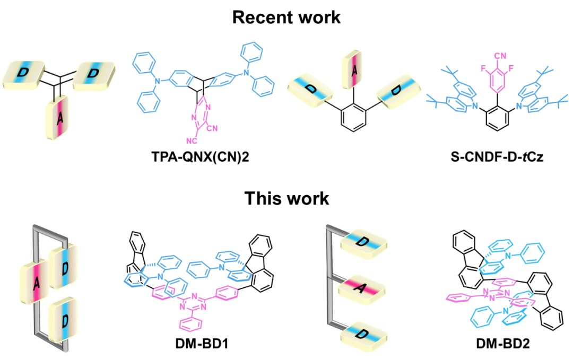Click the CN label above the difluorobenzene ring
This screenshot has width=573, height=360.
[x=499, y=55]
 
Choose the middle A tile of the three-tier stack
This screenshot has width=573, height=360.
[x=362, y=289]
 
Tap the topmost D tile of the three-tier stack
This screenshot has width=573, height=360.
[x=363, y=242]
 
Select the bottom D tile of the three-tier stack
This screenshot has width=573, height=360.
[x=363, y=335]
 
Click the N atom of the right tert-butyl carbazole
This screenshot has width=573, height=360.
[x=519, y=107]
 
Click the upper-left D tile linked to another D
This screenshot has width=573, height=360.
[x=23, y=74]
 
